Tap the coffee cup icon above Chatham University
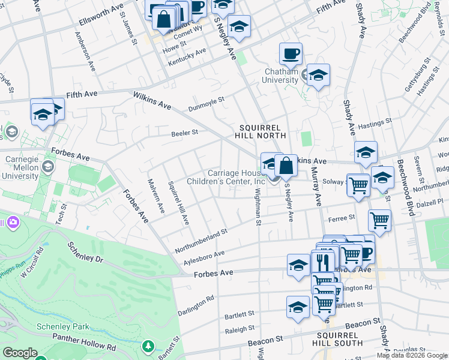tap(291, 54)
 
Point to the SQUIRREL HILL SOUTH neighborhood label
tap(337, 338)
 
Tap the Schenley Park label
tap(55, 326)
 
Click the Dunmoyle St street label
tap(206, 104)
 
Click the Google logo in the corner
tap(19, 353)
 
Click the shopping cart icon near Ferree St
tap(379, 221)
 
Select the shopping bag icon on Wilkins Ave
tap(286, 166)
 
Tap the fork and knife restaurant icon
tap(322, 262)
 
